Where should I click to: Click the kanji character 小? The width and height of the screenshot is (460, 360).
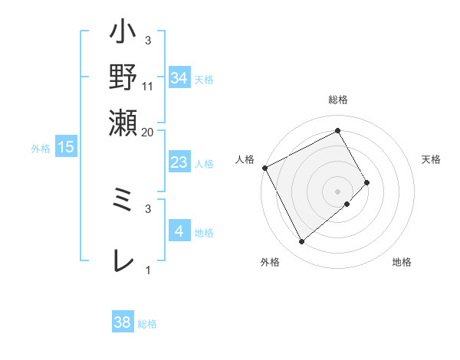pyautogui.click(x=123, y=35)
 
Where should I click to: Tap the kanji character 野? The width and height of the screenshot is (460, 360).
pyautogui.click(x=123, y=77)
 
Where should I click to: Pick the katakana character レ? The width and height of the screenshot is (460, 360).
pyautogui.click(x=123, y=260)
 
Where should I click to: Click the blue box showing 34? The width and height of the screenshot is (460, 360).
pyautogui.click(x=179, y=77)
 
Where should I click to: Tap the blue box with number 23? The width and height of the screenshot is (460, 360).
pyautogui.click(x=179, y=162)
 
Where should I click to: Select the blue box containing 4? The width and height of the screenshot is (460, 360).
pyautogui.click(x=179, y=231)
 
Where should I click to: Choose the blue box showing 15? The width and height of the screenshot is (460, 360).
pyautogui.click(x=66, y=147)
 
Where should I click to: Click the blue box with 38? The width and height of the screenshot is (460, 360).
pyautogui.click(x=123, y=322)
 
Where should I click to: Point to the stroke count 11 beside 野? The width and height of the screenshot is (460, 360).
pyautogui.click(x=149, y=87)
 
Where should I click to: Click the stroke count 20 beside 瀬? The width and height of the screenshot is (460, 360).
pyautogui.click(x=149, y=132)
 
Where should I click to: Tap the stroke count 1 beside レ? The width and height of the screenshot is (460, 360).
pyautogui.click(x=149, y=270)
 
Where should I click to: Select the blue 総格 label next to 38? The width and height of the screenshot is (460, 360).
pyautogui.click(x=148, y=324)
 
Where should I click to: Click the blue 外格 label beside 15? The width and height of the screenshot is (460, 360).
pyautogui.click(x=41, y=149)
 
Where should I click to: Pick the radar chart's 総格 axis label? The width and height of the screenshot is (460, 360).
pyautogui.click(x=338, y=100)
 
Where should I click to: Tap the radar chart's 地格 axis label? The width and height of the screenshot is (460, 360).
pyautogui.click(x=402, y=263)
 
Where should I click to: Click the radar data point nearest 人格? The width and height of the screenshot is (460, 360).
pyautogui.click(x=264, y=167)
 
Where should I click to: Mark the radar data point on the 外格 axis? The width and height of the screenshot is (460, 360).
pyautogui.click(x=302, y=242)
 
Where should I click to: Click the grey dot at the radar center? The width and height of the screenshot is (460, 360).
pyautogui.click(x=338, y=191)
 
